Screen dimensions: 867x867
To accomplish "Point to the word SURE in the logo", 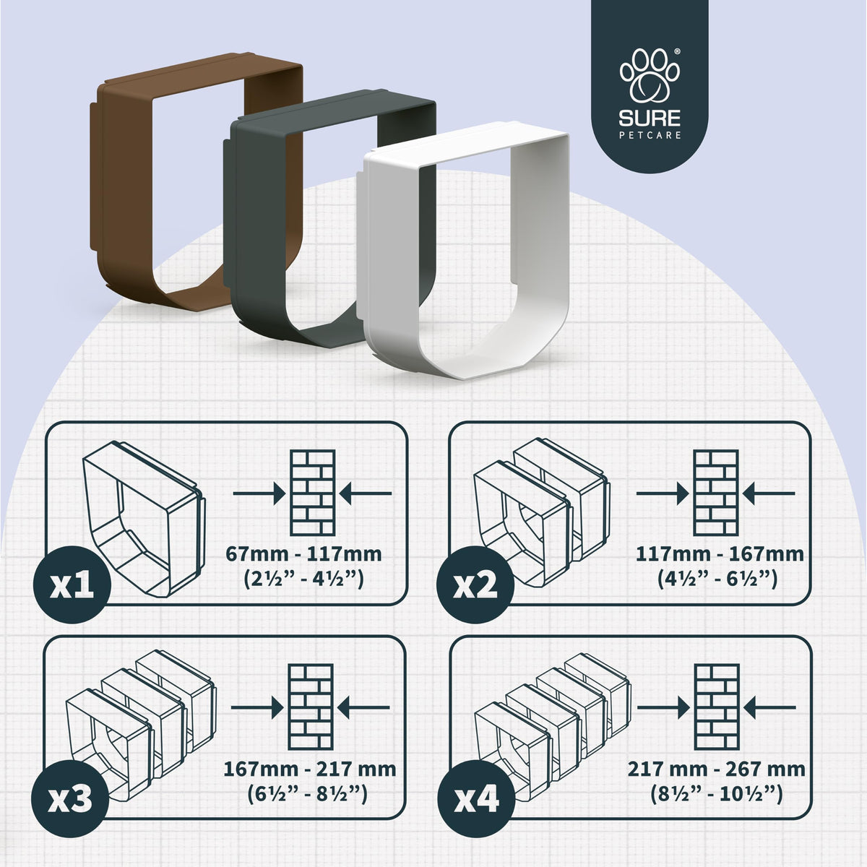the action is coord(650,118).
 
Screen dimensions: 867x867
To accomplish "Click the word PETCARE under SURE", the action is coord(650,135).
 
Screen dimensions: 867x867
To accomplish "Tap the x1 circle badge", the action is coord(72,585).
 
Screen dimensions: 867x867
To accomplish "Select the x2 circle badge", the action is coord(475,585).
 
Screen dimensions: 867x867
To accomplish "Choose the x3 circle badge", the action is coord(70,799).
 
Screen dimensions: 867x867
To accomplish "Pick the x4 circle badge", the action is coord(477,799).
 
